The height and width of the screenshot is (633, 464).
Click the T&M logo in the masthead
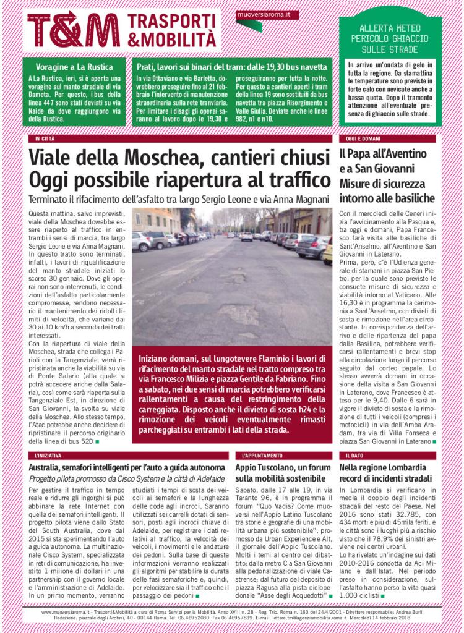tap(74, 30)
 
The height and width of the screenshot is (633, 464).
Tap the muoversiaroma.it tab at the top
tap(267, 14)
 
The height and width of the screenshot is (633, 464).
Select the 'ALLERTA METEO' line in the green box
tap(390, 30)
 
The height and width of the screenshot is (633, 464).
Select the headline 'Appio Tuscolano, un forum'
tap(280, 467)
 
